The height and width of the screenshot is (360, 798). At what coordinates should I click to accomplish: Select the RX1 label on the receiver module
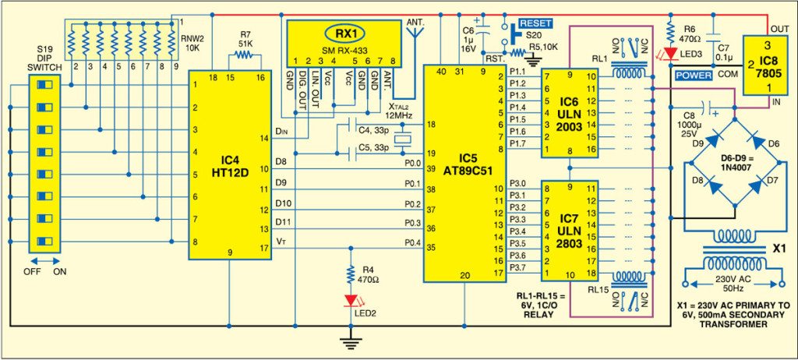[x=344, y=34]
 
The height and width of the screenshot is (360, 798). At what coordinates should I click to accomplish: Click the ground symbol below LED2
[x=352, y=337]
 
